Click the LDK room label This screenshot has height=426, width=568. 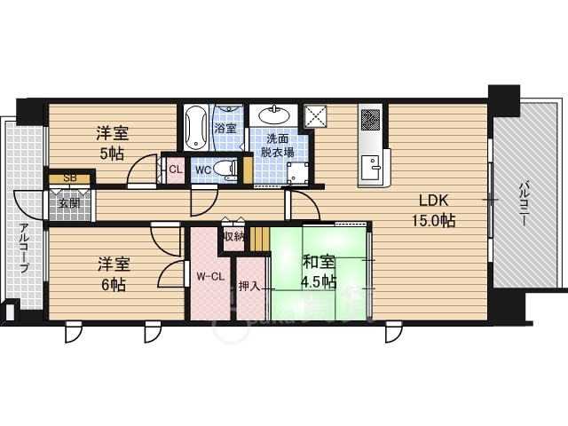434,200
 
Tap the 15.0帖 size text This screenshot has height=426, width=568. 434,220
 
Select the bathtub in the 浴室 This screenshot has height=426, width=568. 196,128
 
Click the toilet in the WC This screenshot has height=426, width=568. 225,170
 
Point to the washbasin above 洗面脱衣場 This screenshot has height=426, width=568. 274,116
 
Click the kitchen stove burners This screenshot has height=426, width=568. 371,120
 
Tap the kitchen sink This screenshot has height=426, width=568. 370,168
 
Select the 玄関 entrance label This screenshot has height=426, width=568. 69,203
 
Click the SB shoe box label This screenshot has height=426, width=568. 70,178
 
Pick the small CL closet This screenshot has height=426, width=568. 176,170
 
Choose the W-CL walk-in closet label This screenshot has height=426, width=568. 210,277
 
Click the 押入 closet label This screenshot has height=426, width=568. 249,286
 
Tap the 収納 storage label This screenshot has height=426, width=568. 233,237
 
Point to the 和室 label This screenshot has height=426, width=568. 319,263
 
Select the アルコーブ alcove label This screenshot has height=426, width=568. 24,248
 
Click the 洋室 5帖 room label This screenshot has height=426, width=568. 113,144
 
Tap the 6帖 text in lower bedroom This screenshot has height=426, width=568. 114,285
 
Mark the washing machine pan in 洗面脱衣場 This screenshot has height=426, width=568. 297,173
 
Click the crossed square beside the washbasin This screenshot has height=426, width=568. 315,116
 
